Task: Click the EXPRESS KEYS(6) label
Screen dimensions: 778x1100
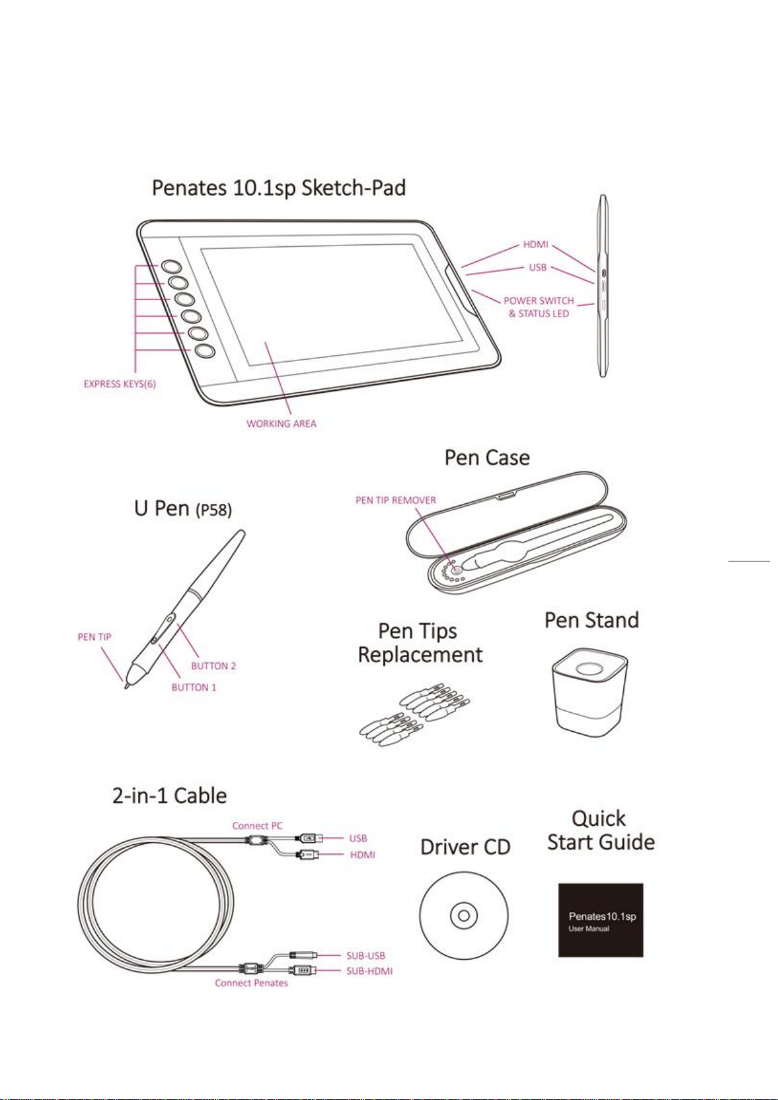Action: (120, 384)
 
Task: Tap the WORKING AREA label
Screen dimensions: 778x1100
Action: (281, 424)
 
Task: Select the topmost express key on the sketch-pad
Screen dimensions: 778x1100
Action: (172, 266)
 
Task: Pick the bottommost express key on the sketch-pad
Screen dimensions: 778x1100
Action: (205, 351)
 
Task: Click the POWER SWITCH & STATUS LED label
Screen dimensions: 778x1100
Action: (539, 307)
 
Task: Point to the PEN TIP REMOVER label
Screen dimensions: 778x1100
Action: (396, 501)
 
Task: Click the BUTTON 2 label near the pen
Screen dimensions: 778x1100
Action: (213, 666)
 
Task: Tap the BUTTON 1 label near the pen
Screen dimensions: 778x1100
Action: (194, 687)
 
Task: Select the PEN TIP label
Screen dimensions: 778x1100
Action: (94, 637)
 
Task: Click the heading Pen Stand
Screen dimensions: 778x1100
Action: (591, 620)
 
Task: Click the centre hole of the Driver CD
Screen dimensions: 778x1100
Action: (464, 916)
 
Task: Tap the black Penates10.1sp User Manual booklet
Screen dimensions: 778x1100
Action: (601, 920)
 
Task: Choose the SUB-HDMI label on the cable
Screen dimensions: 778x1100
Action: (369, 971)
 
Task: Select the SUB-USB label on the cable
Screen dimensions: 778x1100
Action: (366, 956)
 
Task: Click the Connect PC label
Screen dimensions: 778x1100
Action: (257, 826)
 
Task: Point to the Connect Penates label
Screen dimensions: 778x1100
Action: (251, 982)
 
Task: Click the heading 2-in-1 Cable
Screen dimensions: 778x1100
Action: (170, 796)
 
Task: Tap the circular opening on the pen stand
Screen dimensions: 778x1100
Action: (589, 669)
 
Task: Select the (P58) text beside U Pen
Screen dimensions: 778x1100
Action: (213, 511)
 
